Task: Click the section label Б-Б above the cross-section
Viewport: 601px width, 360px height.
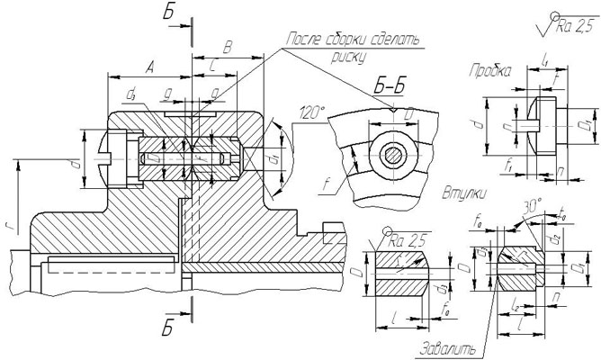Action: [x=394, y=86]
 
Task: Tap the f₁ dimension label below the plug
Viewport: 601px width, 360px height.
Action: [x=510, y=166]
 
